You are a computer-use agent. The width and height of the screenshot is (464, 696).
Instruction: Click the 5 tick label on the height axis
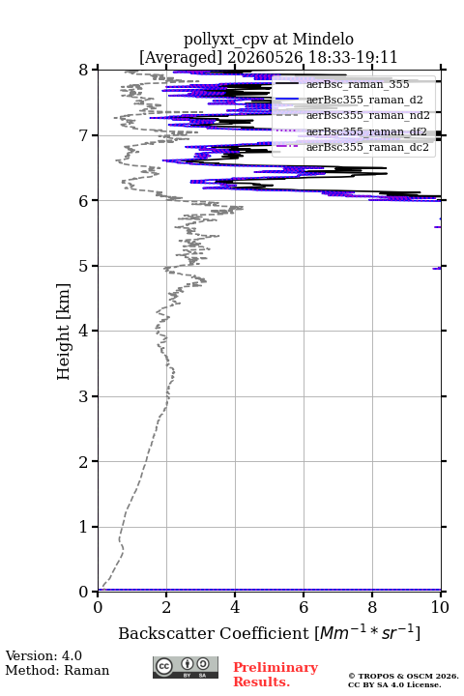pos(84,266)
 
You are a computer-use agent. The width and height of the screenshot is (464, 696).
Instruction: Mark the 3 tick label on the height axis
pos(84,396)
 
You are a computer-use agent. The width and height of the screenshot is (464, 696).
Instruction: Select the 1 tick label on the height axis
pos(84,527)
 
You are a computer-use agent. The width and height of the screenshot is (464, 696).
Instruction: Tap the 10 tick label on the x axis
pos(440,607)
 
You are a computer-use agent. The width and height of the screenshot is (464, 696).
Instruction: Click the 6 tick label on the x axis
pos(304,607)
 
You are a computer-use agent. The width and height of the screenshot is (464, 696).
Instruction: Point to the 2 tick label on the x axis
pos(166,607)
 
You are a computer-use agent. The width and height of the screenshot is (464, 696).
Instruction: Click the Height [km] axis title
pos(64,332)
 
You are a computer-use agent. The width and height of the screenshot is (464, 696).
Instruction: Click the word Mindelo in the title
pos(323,39)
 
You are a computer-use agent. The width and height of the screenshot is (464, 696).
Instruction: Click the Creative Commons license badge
pos(186,667)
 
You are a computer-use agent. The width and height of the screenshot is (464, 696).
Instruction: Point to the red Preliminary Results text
pos(275,675)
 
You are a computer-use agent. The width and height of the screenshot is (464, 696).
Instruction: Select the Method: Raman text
pos(57,670)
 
